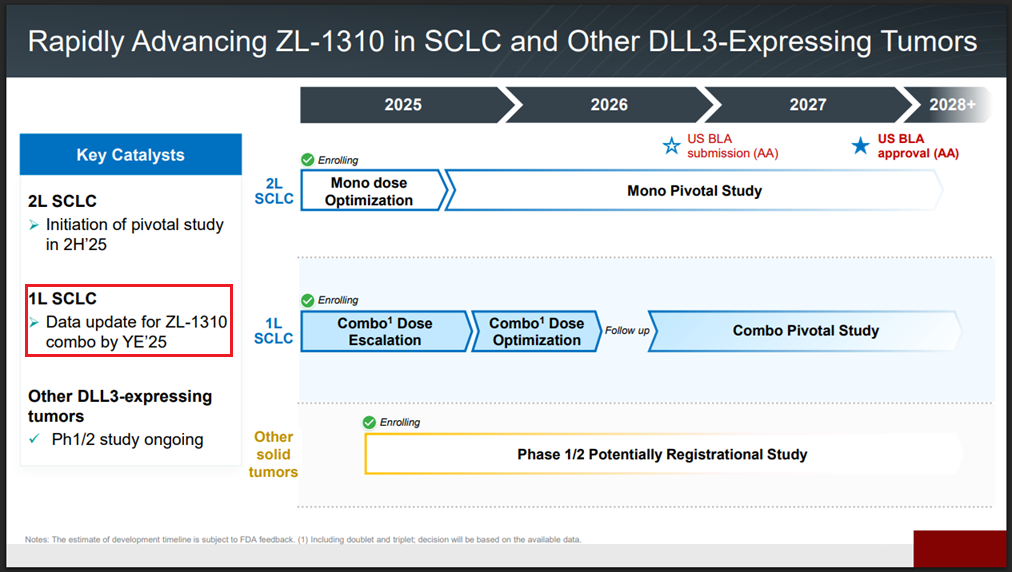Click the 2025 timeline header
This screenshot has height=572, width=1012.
click(x=403, y=105)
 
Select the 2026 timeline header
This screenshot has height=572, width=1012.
click(x=609, y=105)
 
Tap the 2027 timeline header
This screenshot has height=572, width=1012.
click(x=807, y=105)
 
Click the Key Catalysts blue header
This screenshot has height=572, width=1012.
click(x=131, y=154)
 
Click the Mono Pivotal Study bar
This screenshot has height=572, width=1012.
click(x=694, y=191)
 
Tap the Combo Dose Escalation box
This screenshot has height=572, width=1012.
click(x=386, y=331)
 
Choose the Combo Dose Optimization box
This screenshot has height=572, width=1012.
click(x=536, y=331)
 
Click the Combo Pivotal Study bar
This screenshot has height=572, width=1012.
click(x=805, y=331)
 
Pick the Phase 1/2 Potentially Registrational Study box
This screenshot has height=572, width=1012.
click(x=663, y=455)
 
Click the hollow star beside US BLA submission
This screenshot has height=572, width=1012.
click(x=671, y=145)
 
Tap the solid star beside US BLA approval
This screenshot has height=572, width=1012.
click(x=860, y=145)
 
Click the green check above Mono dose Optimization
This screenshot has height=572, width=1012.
click(x=308, y=159)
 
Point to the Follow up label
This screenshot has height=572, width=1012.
click(x=627, y=331)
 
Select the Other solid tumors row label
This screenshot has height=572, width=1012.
click(x=273, y=455)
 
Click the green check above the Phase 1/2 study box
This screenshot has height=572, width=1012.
click(x=369, y=422)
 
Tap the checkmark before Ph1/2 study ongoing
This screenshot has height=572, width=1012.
click(x=35, y=439)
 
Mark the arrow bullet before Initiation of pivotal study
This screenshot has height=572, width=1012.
click(x=34, y=225)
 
